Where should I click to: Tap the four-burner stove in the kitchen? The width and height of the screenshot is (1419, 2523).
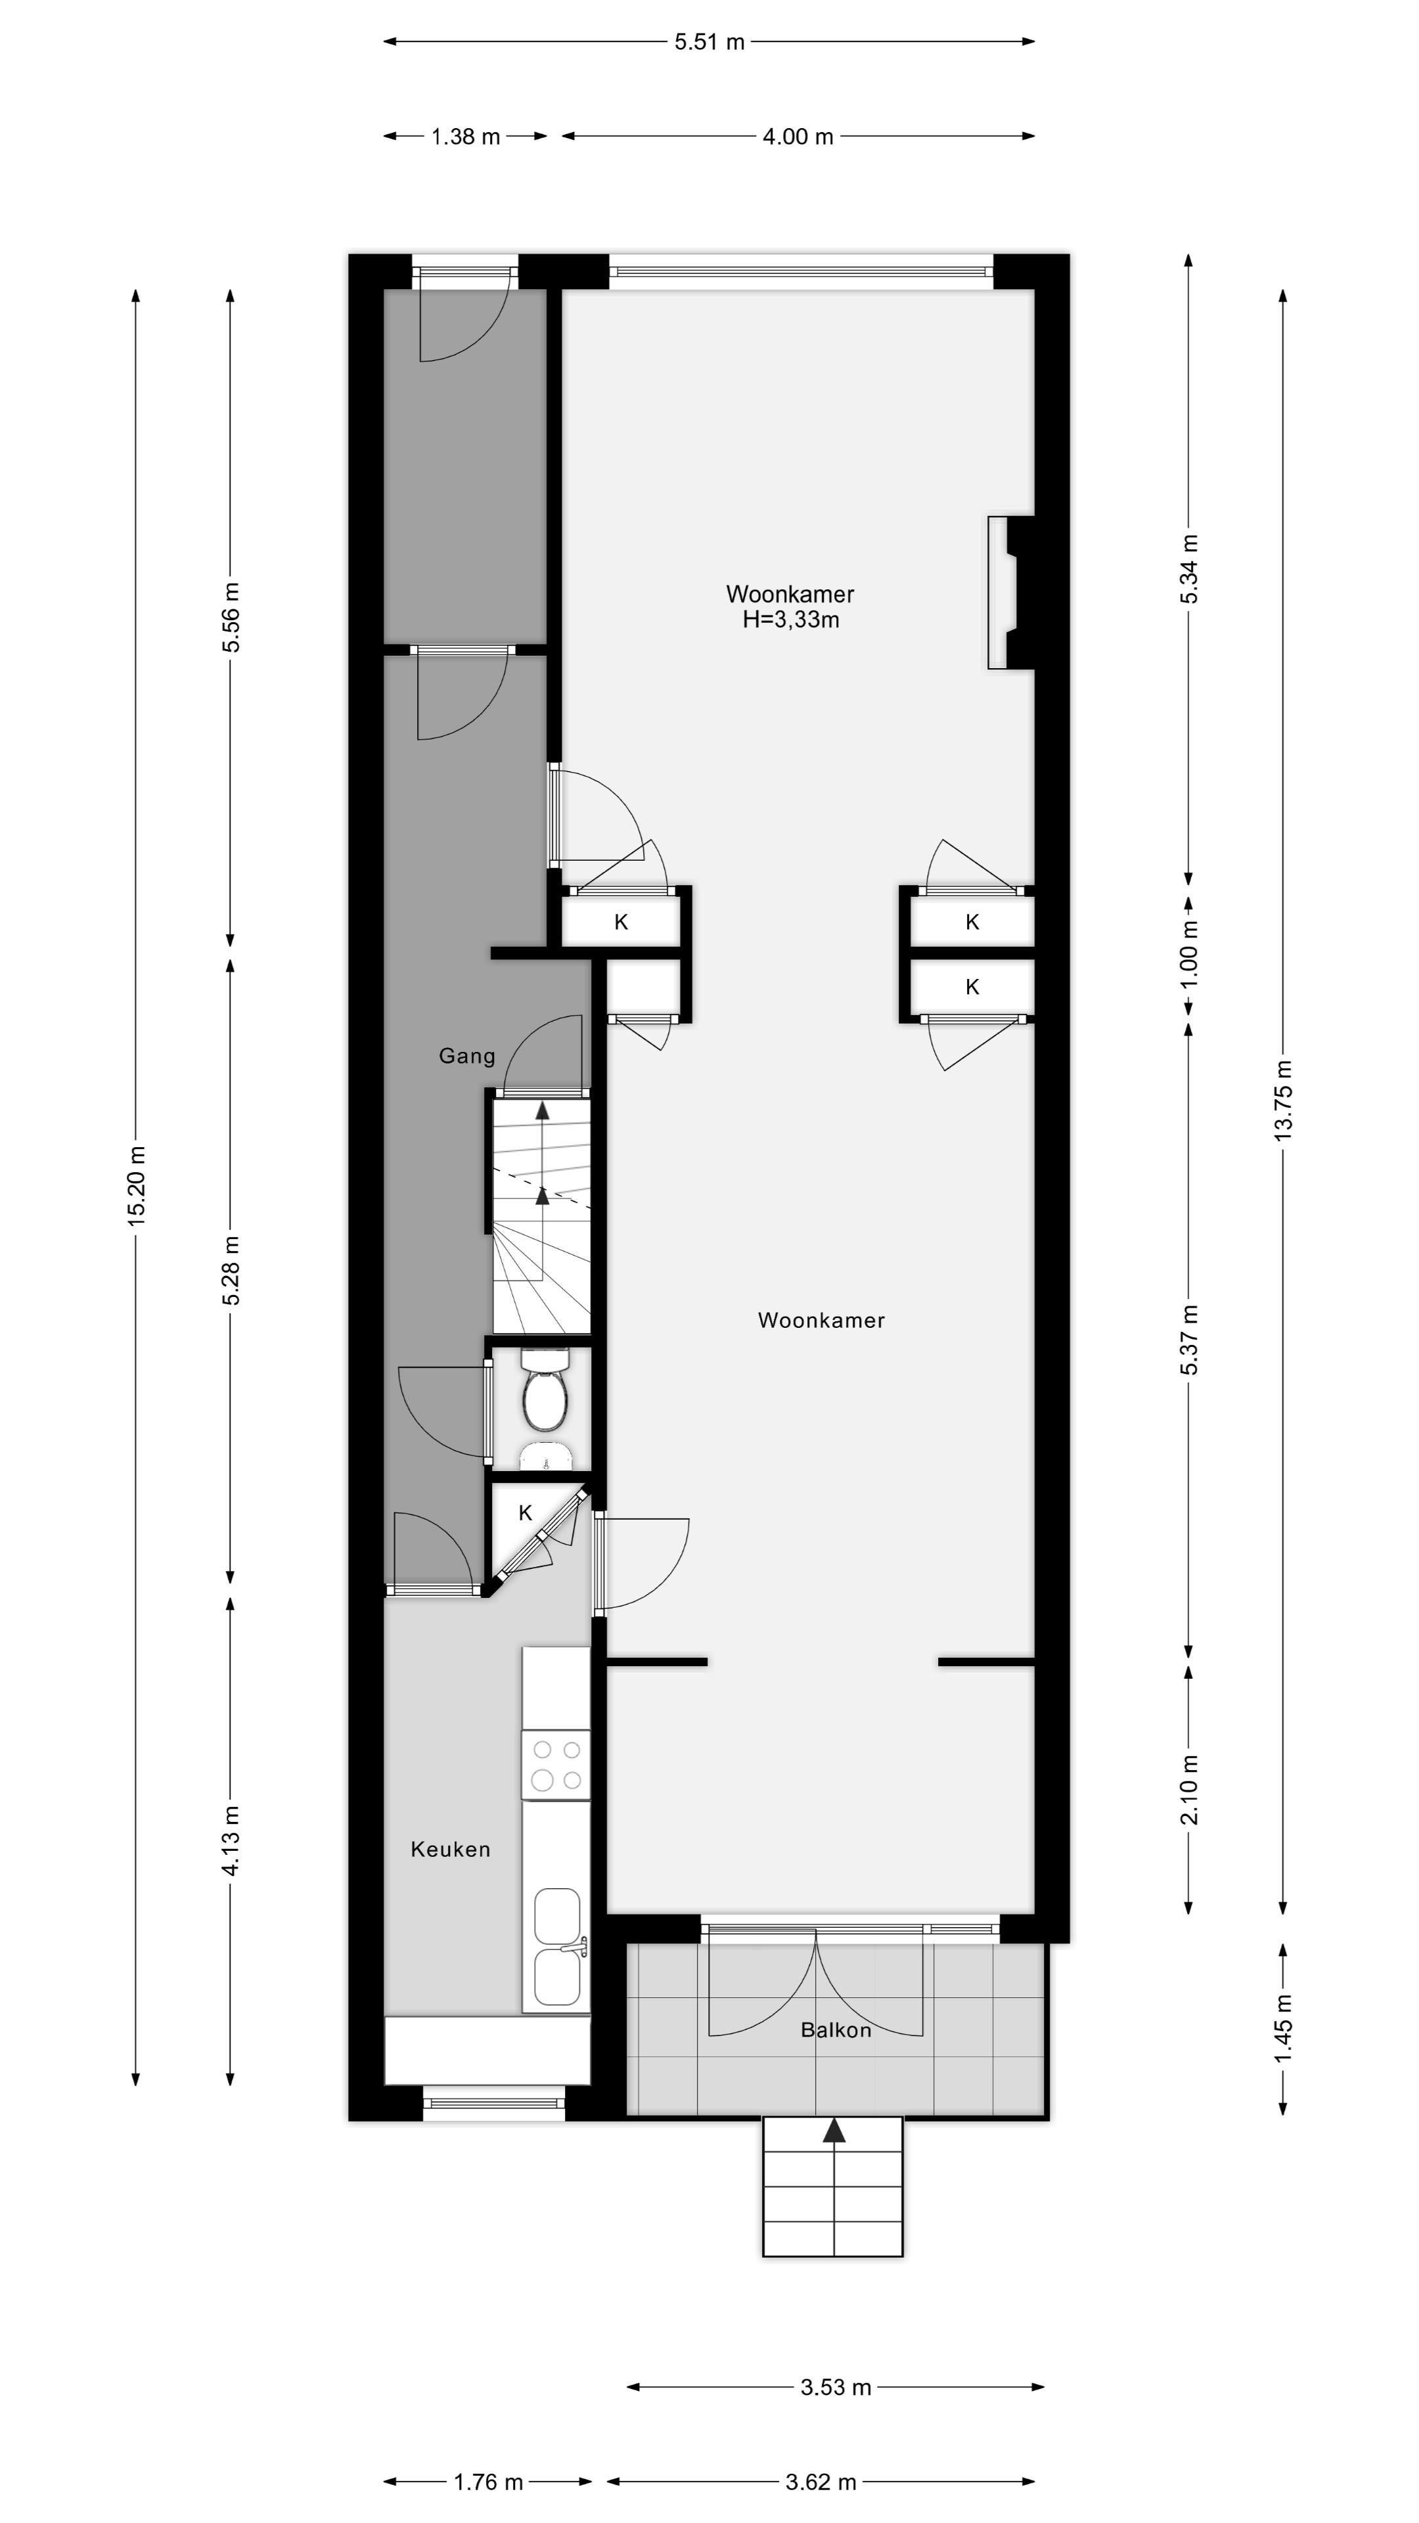click(x=556, y=1765)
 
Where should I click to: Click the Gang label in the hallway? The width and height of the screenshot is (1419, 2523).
click(x=467, y=1056)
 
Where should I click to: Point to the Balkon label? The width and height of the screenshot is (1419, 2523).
click(x=836, y=2030)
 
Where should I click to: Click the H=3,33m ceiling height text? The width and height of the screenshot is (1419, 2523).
click(x=790, y=620)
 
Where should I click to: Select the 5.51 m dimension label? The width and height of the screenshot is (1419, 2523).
click(x=709, y=42)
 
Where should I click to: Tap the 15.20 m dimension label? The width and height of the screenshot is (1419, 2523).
click(x=136, y=1185)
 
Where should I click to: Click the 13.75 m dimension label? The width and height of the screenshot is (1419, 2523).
click(x=1283, y=1100)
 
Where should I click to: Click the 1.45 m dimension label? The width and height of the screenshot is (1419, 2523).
click(x=1283, y=2028)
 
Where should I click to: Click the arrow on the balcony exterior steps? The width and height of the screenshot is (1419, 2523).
click(x=834, y=2132)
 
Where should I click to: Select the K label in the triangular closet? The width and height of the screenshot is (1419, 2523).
click(x=525, y=1513)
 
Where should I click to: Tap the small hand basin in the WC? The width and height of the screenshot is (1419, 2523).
click(x=545, y=1455)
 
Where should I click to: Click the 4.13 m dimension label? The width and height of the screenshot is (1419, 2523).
click(x=231, y=1841)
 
